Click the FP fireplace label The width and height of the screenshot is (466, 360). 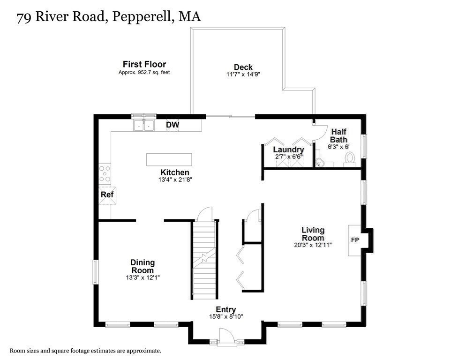[x=355, y=240]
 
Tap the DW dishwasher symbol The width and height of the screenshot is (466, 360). [x=173, y=125]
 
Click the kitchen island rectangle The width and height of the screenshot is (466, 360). [x=169, y=159]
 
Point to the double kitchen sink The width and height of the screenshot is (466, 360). [x=144, y=125]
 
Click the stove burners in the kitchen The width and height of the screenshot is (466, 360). [x=105, y=173]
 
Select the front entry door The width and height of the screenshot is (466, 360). [x=226, y=337]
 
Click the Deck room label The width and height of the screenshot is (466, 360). [x=243, y=67]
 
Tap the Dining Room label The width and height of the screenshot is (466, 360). [x=143, y=266]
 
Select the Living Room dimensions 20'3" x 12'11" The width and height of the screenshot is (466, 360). [x=313, y=245]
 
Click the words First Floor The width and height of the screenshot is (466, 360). [x=144, y=64]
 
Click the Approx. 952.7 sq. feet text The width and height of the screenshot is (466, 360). [x=144, y=73]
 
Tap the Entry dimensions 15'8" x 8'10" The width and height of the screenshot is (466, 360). [x=225, y=317]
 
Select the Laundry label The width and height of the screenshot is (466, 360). [x=288, y=150]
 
